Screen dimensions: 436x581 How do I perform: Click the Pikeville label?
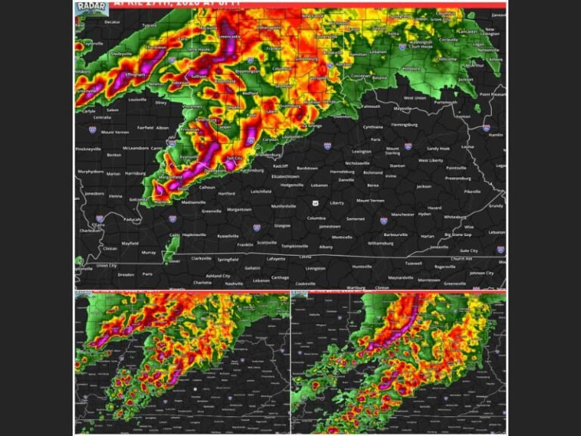[x=473, y=192]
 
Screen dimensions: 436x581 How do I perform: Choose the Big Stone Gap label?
[x=458, y=235]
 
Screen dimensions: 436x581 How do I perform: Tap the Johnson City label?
[x=482, y=272]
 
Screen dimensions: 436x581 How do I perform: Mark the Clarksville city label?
[x=202, y=257]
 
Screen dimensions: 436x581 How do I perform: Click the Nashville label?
[x=234, y=283]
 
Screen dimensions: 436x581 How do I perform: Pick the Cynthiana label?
[x=372, y=127]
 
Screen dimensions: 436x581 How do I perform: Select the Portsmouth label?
[x=446, y=102]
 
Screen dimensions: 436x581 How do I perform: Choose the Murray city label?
[x=148, y=252]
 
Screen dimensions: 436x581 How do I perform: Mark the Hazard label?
[x=434, y=207]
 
